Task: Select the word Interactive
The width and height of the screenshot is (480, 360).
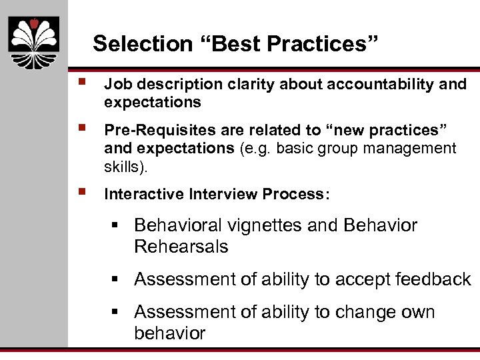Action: coord(145,194)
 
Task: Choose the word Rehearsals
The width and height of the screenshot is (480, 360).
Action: coord(181,247)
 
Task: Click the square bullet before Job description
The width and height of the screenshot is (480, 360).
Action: coord(81,82)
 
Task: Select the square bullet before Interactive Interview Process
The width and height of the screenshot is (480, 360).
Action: coord(81,192)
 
